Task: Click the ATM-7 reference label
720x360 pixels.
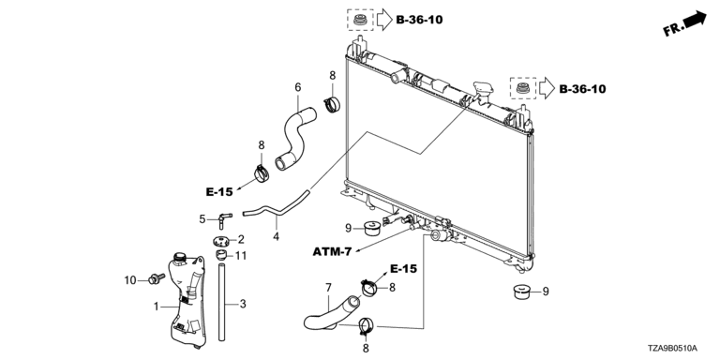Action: pos(332,251)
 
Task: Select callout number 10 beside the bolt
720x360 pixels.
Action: pos(130,279)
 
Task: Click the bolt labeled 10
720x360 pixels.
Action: pos(157,277)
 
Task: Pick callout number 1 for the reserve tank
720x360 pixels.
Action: pos(157,307)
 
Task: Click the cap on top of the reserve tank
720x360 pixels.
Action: pos(179,257)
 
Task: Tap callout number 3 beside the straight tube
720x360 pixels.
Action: pos(243,304)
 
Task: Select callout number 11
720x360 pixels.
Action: pos(241,256)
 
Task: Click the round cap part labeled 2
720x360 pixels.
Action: pos(221,240)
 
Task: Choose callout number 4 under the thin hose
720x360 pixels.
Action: pos(276,237)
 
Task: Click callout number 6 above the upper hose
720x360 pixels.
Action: pos(297,87)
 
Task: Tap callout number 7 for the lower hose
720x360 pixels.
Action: pos(328,288)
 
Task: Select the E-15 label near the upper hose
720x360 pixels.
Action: pos(219,192)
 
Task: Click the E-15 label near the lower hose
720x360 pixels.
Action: pos(404,269)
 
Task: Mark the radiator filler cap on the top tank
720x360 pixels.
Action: pos(482,89)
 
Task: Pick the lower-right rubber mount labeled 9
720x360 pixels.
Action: pos(520,292)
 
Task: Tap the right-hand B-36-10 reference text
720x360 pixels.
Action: pos(582,89)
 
